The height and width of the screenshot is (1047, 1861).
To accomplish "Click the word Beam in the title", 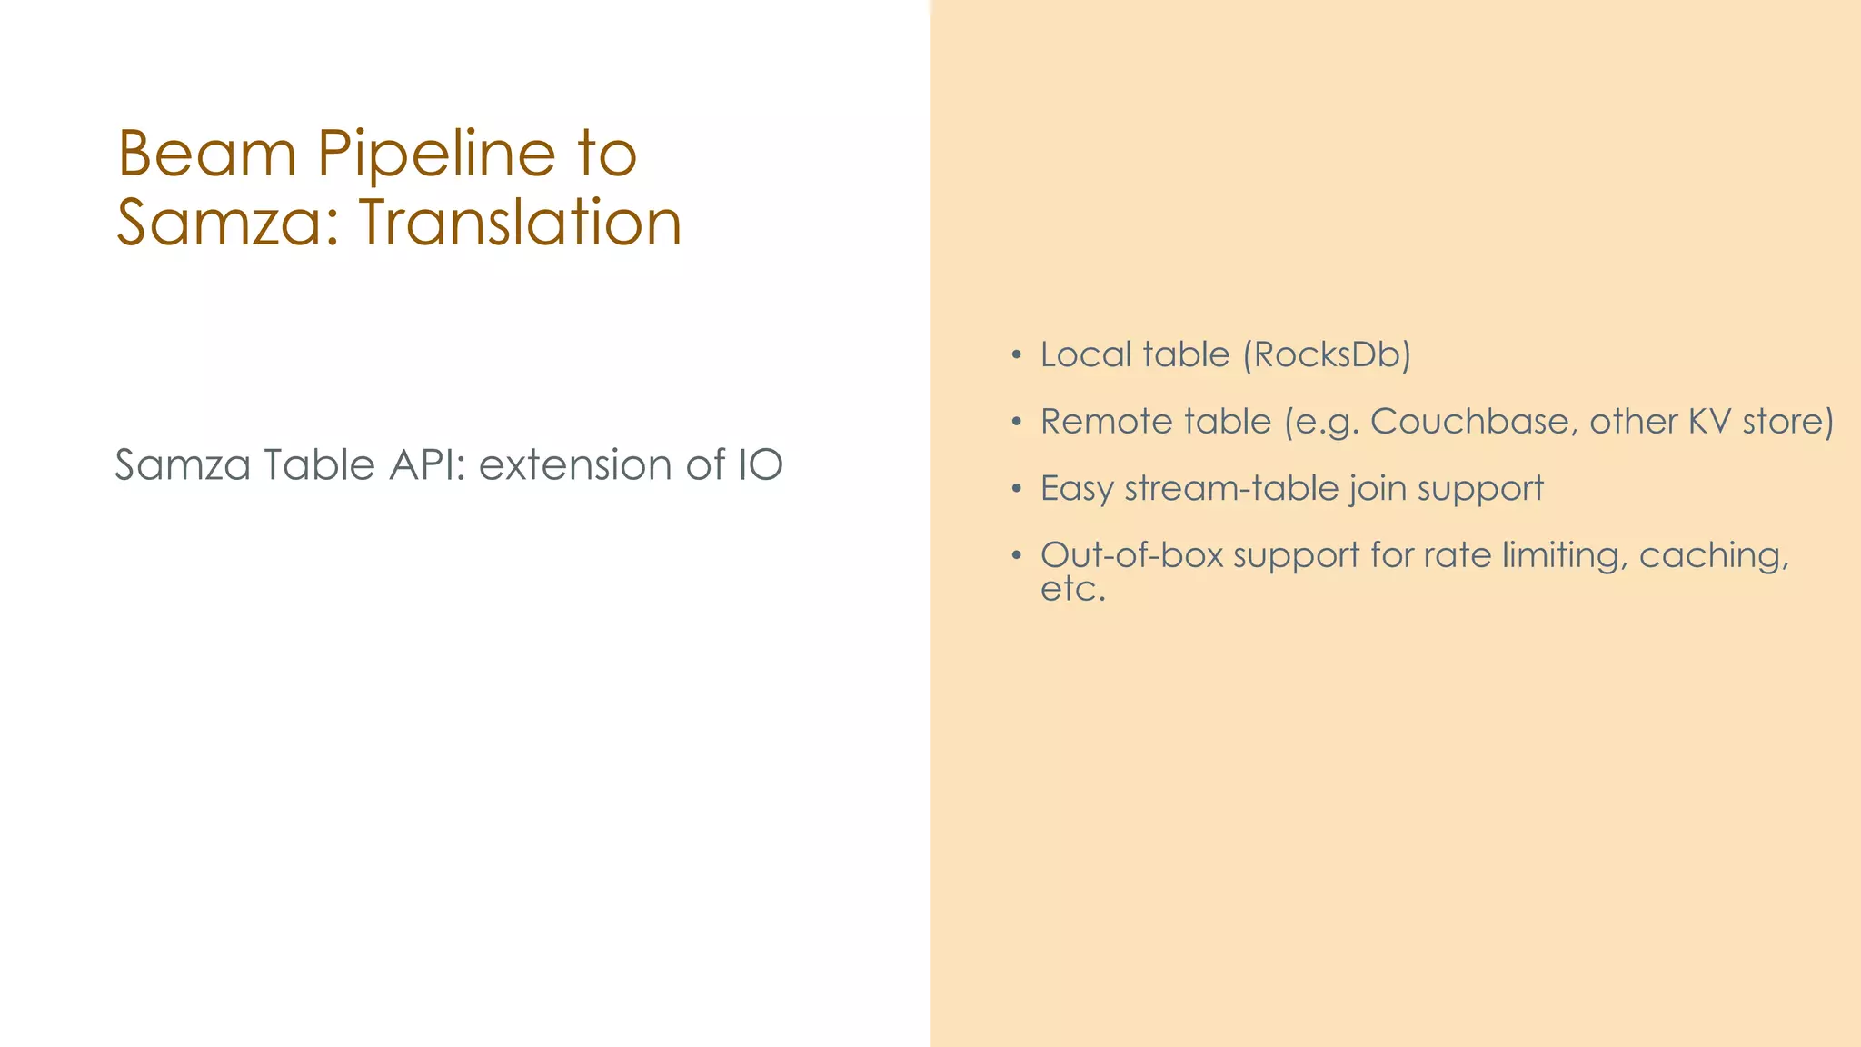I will click(x=207, y=154).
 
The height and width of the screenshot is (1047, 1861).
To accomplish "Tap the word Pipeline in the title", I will click(x=436, y=155).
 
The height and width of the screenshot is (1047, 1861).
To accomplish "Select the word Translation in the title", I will click(x=521, y=223).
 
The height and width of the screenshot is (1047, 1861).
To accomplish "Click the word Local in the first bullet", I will click(x=1085, y=354).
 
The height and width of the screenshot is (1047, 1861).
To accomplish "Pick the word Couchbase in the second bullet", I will click(x=1468, y=422).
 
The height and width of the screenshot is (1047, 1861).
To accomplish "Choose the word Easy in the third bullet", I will click(x=1077, y=489).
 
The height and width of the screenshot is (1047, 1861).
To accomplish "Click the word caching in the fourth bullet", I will click(x=1713, y=556).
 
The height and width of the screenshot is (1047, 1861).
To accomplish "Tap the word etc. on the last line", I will click(x=1072, y=589).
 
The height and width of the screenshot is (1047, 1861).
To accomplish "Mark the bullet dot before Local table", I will click(x=1017, y=355).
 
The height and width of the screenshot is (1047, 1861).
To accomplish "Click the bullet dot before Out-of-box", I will click(x=1017, y=556).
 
